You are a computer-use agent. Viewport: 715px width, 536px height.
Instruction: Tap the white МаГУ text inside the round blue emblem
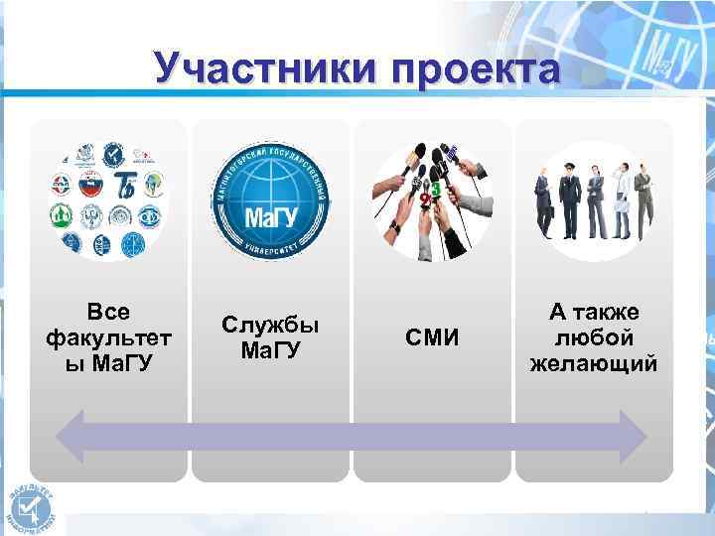pyautogui.click(x=270, y=216)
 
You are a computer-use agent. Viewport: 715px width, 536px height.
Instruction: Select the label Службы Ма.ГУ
pyautogui.click(x=270, y=337)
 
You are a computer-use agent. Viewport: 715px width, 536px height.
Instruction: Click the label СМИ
pyautogui.click(x=433, y=338)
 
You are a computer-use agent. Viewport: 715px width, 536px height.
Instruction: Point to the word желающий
pyautogui.click(x=594, y=362)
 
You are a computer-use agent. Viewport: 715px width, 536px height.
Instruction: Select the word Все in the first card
pyautogui.click(x=108, y=313)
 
